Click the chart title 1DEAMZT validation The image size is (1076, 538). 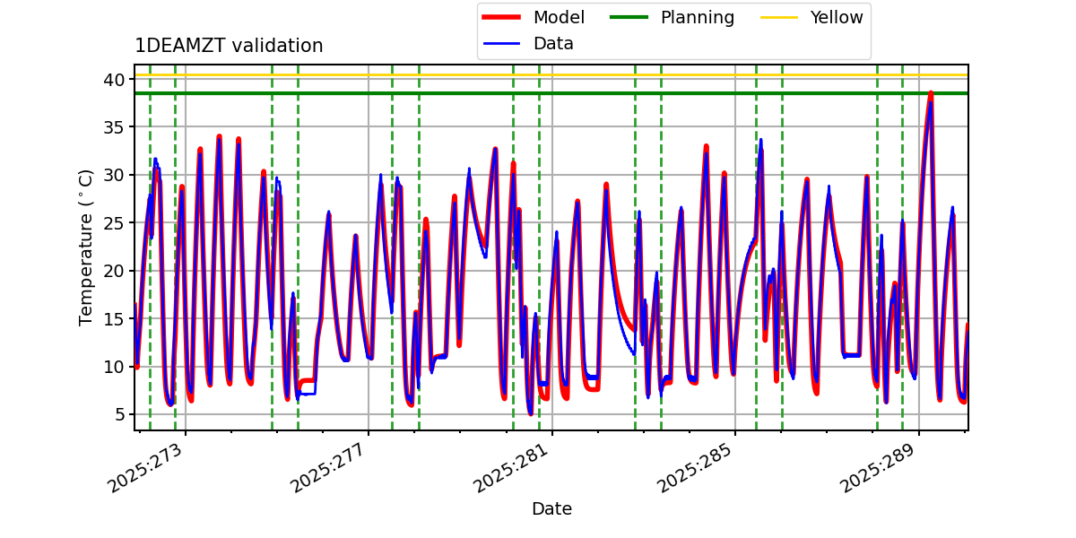coord(229,46)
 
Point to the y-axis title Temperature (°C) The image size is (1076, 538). coord(86,247)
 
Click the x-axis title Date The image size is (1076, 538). coord(551,508)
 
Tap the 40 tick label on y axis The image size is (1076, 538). coord(114,79)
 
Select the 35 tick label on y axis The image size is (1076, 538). coord(114,126)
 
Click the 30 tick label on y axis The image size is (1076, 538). coord(114,175)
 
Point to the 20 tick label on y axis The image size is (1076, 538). coord(114,271)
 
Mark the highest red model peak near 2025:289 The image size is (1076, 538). coord(931,92)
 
